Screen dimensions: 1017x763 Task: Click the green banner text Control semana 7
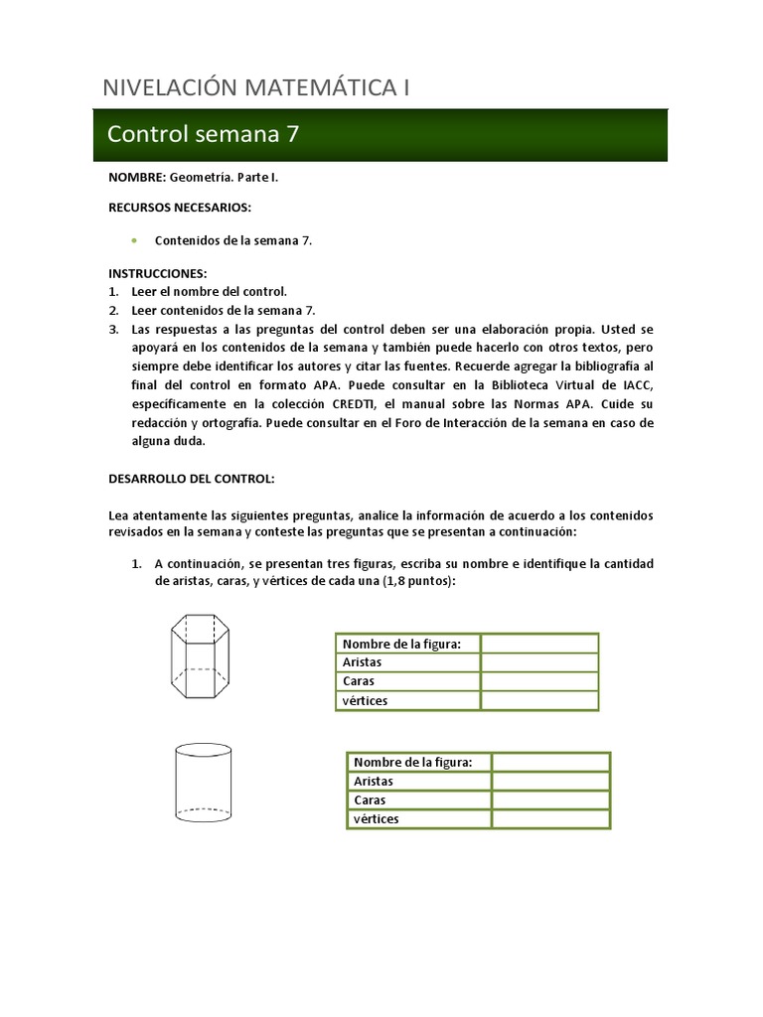[x=203, y=135]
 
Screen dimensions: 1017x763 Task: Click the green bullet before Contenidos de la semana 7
[x=133, y=240]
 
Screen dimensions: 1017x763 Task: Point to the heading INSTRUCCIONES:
[x=157, y=272]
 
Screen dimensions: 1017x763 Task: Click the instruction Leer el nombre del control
[x=209, y=291]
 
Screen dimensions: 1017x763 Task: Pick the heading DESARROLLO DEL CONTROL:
[x=191, y=478]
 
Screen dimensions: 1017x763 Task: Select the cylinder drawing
[x=203, y=787]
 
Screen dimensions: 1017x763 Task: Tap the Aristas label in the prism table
[x=362, y=661]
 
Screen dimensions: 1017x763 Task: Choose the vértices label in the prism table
[x=365, y=700]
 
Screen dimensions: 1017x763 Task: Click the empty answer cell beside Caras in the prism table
[x=539, y=681]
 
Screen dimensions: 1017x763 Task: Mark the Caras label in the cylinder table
[x=371, y=799]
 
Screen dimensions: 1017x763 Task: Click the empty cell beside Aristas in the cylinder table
[x=550, y=781]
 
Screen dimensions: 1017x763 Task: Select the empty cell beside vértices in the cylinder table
[x=550, y=818]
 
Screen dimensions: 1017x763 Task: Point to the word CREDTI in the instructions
[x=361, y=403]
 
